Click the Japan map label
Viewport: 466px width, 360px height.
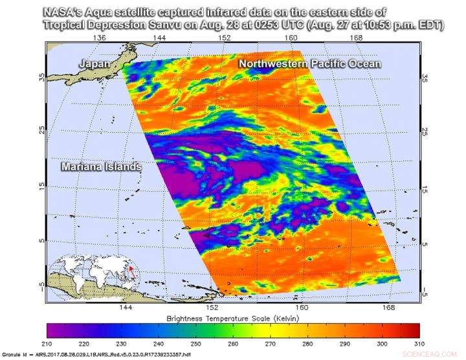pos(94,63)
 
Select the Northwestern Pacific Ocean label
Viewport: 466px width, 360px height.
pos(310,63)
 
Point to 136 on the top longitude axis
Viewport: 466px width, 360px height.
pos(99,38)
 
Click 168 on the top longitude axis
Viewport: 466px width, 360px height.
pos(355,38)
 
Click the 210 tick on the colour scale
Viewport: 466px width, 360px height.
pos(47,343)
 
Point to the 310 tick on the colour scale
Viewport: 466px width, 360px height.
pos(418,343)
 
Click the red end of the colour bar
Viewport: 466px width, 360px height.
pos(414,330)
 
